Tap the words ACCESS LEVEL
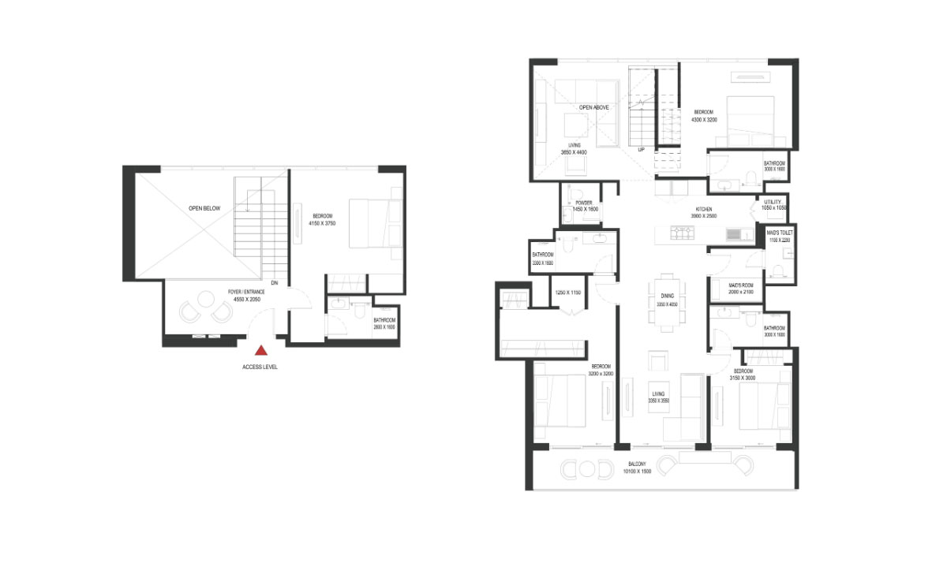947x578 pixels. coord(261,367)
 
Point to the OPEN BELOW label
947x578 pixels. coord(204,209)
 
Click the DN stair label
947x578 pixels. coord(274,282)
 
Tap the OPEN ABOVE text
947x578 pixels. coord(594,107)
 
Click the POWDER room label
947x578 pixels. coord(583,206)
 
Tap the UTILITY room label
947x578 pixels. coord(773,205)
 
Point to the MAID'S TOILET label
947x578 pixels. coord(780,237)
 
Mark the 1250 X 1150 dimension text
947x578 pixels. coord(567,293)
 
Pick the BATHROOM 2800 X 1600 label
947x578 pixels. coord(384,323)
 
